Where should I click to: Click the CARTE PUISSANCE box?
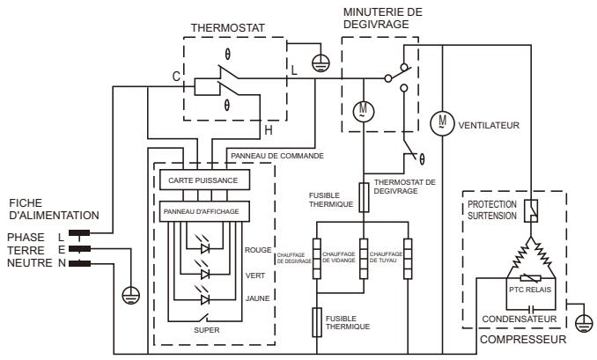pos(204,180)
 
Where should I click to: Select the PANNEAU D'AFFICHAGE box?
pos(204,211)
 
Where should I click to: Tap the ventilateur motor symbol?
pos(442,123)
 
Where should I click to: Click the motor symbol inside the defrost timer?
pos(364,112)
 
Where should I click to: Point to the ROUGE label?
pos(258,250)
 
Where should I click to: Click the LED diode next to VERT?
pos(205,274)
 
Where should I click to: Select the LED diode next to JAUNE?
pos(205,299)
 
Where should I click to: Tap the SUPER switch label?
pos(206,330)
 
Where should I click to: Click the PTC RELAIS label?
pos(530,290)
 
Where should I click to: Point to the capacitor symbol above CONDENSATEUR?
pos(530,309)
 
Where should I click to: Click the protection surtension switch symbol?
pos(531,210)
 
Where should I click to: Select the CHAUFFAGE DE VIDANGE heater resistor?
pos(364,259)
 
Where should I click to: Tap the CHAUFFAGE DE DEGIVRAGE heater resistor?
pos(317,259)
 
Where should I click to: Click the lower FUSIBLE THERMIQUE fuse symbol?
pos(317,322)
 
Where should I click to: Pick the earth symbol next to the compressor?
pos(584,324)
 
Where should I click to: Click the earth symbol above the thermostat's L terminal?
pos(321,63)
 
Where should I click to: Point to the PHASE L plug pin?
pos(79,233)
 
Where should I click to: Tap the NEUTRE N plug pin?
pos(79,263)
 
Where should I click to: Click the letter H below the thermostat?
pos(269,130)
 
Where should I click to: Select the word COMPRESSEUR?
pos(523,340)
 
